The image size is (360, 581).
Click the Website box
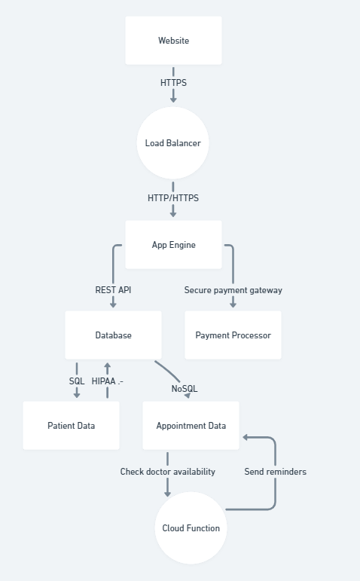click(x=173, y=41)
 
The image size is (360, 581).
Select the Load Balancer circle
click(x=173, y=143)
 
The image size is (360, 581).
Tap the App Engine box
click(x=173, y=245)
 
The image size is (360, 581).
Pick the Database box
click(x=113, y=335)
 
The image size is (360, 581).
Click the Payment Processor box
click(x=233, y=335)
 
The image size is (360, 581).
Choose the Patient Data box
click(x=71, y=425)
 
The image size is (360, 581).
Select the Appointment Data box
click(x=191, y=425)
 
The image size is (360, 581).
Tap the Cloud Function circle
click(x=191, y=528)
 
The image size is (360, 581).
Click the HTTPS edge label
click(x=173, y=83)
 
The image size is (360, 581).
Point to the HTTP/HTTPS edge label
click(x=173, y=198)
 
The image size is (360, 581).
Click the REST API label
click(x=113, y=290)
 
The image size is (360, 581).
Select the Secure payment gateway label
click(x=233, y=290)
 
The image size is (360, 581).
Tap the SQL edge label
click(x=77, y=381)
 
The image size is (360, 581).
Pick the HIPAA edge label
click(x=108, y=381)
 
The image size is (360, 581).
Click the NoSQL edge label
click(x=185, y=389)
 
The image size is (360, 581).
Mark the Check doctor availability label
click(x=167, y=472)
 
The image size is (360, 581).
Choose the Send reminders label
click(x=275, y=472)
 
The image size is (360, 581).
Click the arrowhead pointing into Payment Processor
click(x=233, y=304)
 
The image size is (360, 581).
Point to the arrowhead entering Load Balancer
click(x=173, y=99)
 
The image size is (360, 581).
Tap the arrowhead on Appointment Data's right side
click(x=246, y=438)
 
